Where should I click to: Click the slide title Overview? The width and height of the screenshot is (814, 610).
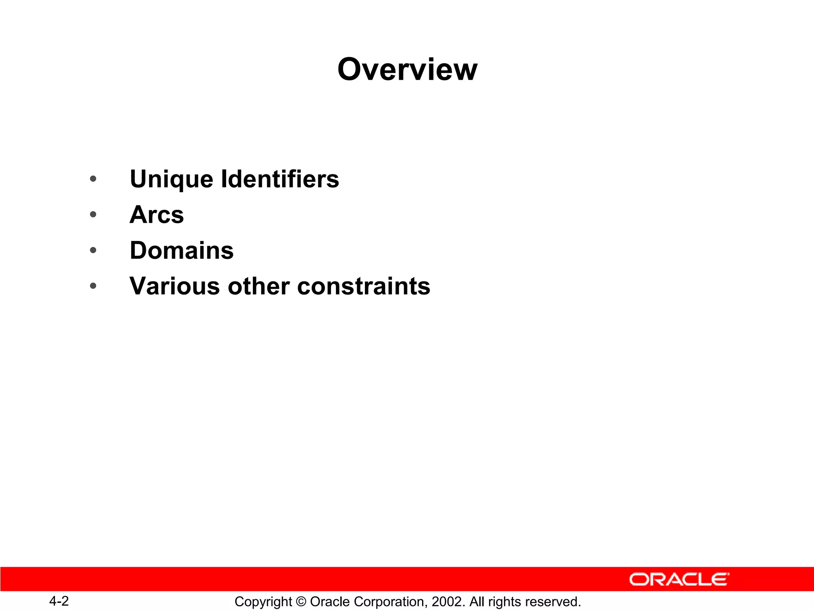pyautogui.click(x=407, y=69)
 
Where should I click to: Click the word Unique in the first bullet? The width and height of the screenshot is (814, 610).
pyautogui.click(x=171, y=180)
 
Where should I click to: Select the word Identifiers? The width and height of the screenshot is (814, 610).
pyautogui.click(x=280, y=179)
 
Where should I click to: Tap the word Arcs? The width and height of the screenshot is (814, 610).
pyautogui.click(x=157, y=215)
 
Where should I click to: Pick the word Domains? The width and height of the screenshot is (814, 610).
pyautogui.click(x=182, y=251)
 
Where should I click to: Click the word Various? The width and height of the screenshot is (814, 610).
pyautogui.click(x=174, y=286)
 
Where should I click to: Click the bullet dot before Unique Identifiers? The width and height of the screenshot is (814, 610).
pyautogui.click(x=93, y=179)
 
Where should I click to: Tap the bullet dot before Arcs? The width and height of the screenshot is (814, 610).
pyautogui.click(x=93, y=214)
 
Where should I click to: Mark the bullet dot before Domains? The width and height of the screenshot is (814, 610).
pyautogui.click(x=93, y=250)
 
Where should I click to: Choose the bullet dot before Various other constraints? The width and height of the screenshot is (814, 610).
pyautogui.click(x=93, y=286)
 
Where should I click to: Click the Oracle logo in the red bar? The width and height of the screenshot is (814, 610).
pyautogui.click(x=679, y=579)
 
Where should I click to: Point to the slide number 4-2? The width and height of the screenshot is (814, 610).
pyautogui.click(x=59, y=601)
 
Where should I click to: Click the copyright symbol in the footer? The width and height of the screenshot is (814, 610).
pyautogui.click(x=301, y=602)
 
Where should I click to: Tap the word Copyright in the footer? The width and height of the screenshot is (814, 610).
pyautogui.click(x=263, y=602)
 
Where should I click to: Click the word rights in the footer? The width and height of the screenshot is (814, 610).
pyautogui.click(x=504, y=602)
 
